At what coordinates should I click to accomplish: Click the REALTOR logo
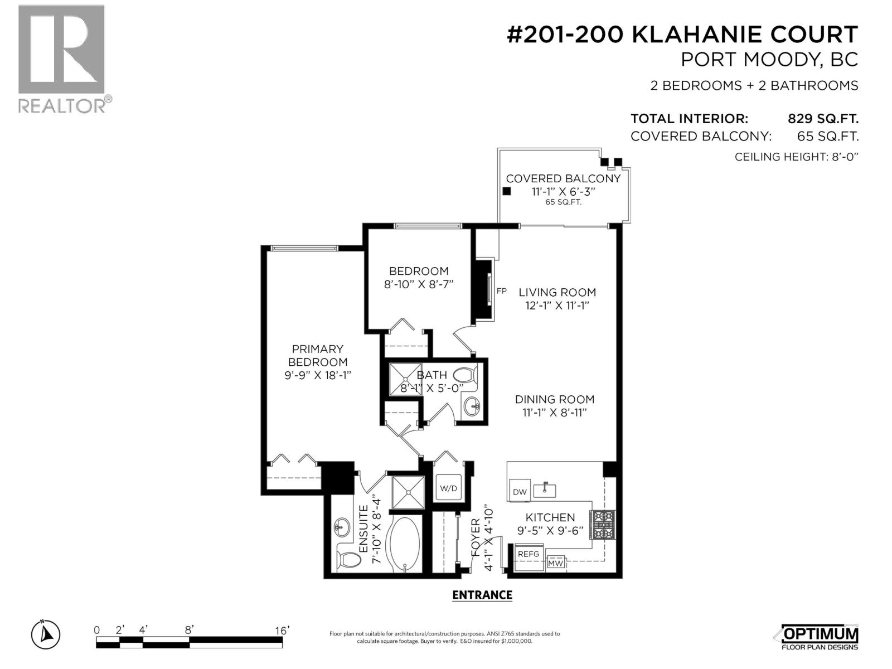[x=61, y=59]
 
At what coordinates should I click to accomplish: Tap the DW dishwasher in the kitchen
[x=520, y=492]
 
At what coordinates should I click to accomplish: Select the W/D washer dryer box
[x=449, y=488]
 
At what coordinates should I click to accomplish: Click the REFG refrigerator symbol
[x=528, y=554]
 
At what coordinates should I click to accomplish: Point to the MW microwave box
[x=555, y=563]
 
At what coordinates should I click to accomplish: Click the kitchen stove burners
[x=604, y=525]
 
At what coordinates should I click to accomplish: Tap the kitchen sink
[x=545, y=491]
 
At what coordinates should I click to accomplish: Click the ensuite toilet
[x=350, y=558]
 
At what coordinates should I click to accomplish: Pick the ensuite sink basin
[x=341, y=526]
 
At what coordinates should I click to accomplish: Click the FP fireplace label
[x=501, y=291]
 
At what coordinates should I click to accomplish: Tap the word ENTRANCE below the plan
[x=482, y=595]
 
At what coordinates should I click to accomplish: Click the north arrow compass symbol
[x=46, y=634]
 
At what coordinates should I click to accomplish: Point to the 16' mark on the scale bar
[x=282, y=631]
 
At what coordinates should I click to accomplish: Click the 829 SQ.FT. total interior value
[x=823, y=119]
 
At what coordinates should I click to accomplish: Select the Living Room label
[x=557, y=292]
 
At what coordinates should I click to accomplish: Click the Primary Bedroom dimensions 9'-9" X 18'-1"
[x=317, y=375]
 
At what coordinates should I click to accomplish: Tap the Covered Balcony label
[x=563, y=178]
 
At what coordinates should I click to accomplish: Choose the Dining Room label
[x=554, y=399]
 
